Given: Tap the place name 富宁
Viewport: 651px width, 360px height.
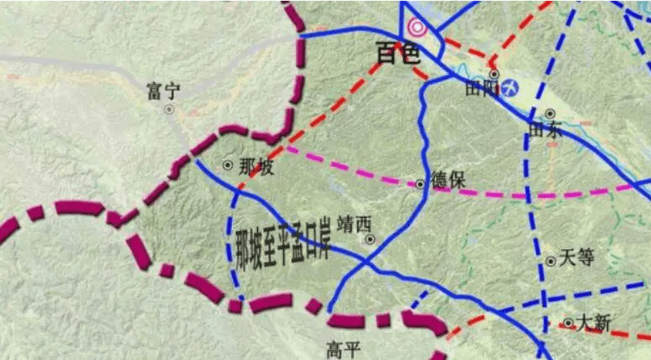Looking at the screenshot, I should click(x=163, y=91).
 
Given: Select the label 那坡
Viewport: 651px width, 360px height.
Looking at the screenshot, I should click(x=256, y=167).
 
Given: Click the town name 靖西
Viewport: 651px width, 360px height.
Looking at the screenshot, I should click(x=355, y=223).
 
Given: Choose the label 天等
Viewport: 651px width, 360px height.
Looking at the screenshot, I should click(x=575, y=258).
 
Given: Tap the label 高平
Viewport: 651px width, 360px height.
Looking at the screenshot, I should click(x=344, y=349).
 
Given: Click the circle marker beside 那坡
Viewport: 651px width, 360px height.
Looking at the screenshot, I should click(x=227, y=164).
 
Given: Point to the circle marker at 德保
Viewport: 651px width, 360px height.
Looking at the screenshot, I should click(x=420, y=183).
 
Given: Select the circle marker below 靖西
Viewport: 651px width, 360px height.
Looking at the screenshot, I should click(x=369, y=239).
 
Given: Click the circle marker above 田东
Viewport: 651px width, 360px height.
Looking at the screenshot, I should click(x=550, y=114).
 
